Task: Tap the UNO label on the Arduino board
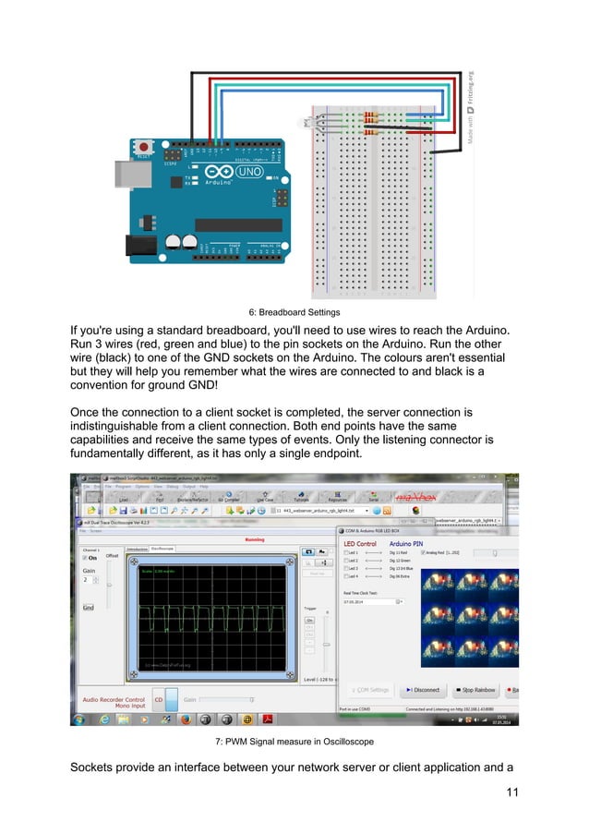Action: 248,173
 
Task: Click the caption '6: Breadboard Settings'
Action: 294,312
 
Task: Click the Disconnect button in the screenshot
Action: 423,689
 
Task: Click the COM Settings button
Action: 370,689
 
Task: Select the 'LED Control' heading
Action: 360,543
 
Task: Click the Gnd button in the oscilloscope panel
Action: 89,608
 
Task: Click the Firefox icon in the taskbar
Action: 185,719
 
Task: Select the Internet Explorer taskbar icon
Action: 104,719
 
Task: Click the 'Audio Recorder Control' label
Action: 114,699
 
